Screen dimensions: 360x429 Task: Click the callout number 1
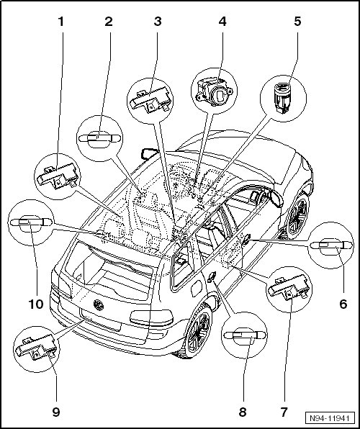click(60, 22)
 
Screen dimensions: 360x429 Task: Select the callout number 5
click(297, 22)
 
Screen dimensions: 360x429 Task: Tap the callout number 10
click(36, 304)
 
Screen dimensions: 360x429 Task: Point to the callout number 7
click(284, 412)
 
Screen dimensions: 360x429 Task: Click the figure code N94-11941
click(330, 418)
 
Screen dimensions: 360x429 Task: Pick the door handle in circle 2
click(99, 138)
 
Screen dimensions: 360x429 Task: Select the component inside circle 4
click(215, 91)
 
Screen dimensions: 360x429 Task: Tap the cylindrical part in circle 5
click(282, 97)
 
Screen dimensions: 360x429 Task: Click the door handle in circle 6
click(330, 245)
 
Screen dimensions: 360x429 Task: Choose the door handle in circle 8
click(245, 335)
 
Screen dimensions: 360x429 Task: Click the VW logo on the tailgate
click(99, 305)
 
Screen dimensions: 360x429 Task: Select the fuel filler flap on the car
click(197, 288)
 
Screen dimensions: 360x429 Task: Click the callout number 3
click(158, 22)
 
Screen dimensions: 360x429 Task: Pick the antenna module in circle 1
click(58, 176)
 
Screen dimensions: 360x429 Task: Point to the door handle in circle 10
click(31, 222)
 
